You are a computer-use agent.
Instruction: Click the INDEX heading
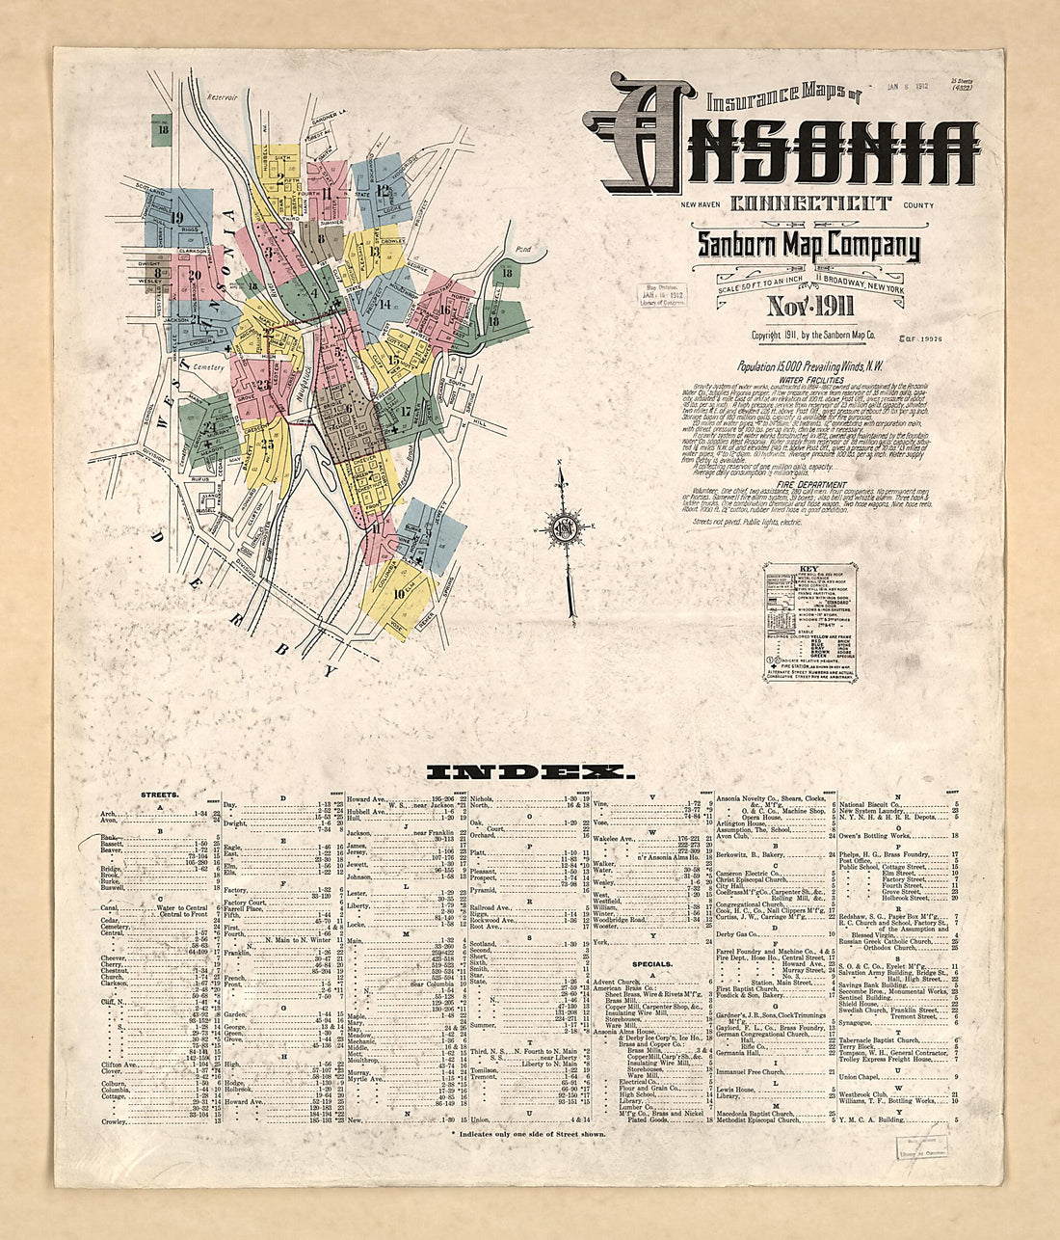coord(530,771)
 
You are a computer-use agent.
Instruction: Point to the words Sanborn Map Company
coord(808,246)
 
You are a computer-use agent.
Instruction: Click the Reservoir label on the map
coord(221,96)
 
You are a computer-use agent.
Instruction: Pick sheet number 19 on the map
coord(176,217)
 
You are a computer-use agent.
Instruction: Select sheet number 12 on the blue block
coord(384,190)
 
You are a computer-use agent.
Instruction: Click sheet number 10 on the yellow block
coord(399,593)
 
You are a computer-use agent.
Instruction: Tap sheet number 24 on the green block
coord(209,429)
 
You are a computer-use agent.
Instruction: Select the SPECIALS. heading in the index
coord(651,963)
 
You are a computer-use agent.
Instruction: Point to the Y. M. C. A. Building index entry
coord(869,1120)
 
